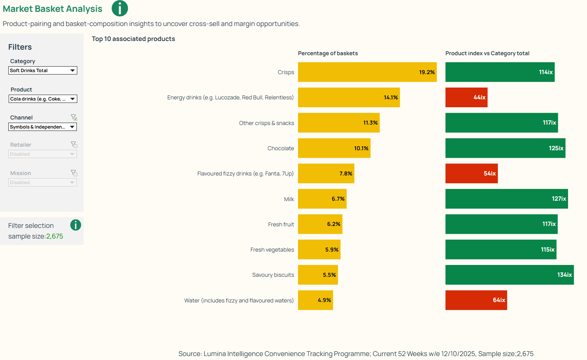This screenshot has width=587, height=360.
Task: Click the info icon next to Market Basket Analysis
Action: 119,8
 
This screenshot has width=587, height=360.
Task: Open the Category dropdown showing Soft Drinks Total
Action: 43,71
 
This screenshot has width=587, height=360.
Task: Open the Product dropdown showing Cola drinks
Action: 43,99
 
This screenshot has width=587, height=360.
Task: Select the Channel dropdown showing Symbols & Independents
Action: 43,127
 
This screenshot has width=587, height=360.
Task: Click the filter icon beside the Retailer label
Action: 74,145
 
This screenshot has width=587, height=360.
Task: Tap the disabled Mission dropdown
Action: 43,183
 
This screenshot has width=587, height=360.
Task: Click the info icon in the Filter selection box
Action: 75,225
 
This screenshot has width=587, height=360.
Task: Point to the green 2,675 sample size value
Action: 54,237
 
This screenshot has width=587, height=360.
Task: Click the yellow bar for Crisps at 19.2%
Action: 367,72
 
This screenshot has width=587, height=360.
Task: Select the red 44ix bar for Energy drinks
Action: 466,97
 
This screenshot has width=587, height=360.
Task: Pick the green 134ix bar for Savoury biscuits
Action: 509,275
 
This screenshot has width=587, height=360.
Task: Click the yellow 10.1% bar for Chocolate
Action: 334,148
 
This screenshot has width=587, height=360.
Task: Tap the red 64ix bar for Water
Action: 476,300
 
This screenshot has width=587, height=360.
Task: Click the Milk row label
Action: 289,199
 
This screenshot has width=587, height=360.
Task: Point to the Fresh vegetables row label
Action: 272,250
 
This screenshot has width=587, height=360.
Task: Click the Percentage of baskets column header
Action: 328,53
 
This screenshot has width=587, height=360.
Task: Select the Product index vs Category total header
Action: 487,53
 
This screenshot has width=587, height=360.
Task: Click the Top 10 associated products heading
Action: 133,39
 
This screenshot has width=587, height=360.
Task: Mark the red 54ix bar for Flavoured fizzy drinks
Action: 471,173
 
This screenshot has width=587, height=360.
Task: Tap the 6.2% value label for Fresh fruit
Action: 334,224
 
